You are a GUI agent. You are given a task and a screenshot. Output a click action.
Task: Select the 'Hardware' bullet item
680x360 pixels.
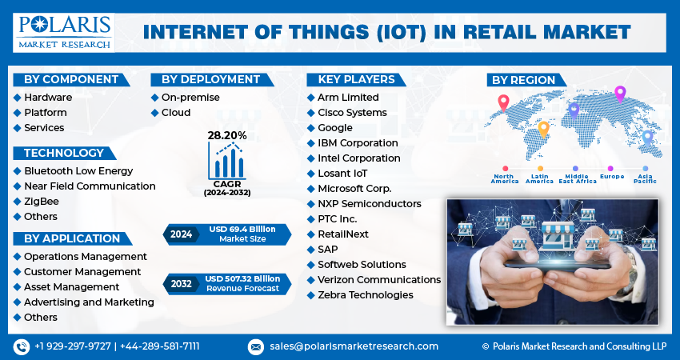47,98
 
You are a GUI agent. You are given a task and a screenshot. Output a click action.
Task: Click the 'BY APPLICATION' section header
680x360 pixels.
71,238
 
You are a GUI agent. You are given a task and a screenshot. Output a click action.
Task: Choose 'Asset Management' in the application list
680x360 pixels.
71,287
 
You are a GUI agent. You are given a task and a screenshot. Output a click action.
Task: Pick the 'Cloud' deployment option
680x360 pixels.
175,113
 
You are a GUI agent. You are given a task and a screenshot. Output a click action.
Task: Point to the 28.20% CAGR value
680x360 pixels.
227,136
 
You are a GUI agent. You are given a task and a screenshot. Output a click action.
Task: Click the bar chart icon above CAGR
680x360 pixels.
227,162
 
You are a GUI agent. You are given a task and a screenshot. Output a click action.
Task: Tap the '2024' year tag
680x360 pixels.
181,234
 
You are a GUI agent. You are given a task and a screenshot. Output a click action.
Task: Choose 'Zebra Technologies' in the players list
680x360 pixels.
365,295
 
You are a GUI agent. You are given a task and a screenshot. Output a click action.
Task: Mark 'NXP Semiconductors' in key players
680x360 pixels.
369,204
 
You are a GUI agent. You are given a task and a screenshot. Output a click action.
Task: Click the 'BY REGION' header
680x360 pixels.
523,80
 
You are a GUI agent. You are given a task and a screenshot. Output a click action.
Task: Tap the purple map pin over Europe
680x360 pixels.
619,94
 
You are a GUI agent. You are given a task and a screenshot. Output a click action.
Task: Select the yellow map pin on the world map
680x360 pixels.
543,128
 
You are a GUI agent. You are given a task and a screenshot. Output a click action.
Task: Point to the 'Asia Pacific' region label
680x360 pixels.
645,178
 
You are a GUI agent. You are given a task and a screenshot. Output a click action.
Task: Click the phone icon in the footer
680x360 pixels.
21,346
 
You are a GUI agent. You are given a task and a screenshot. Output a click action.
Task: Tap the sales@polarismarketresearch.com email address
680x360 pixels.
353,346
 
